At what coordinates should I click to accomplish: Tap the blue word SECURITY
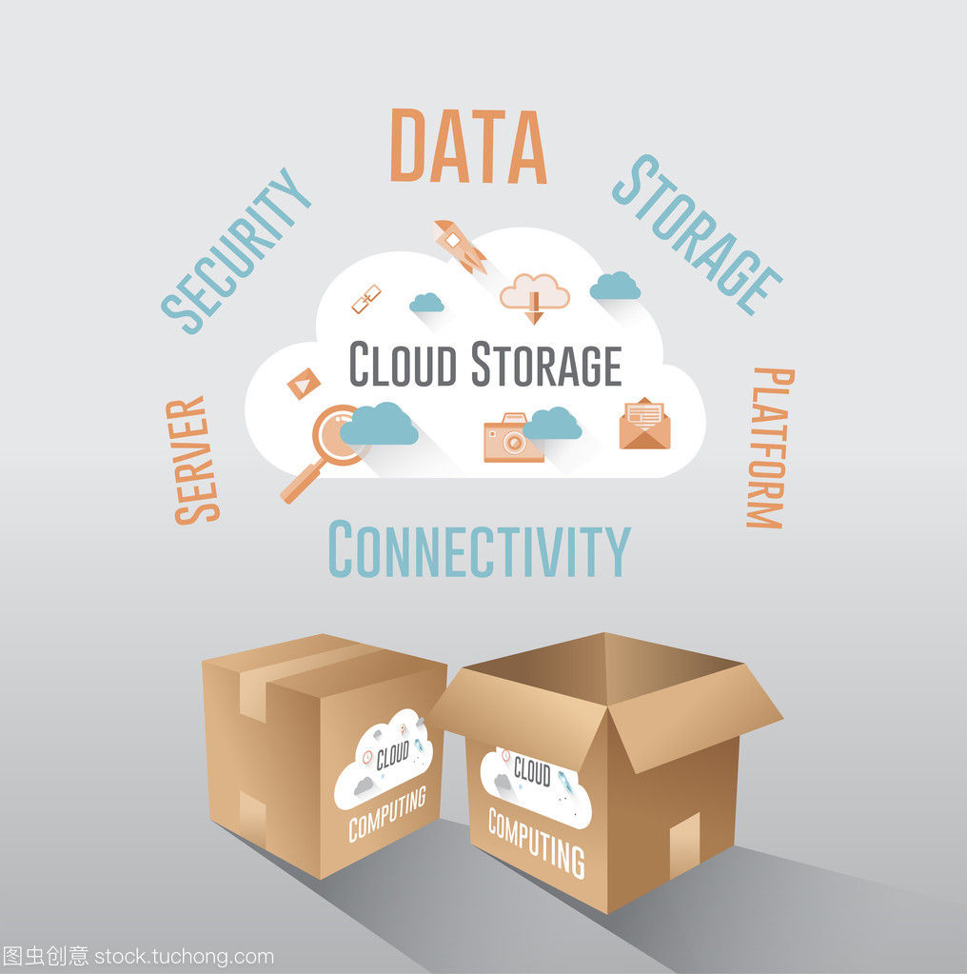235,251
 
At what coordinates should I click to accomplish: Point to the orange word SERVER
194,461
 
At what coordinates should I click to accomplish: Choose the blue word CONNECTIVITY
479,550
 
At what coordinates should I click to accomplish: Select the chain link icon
366,299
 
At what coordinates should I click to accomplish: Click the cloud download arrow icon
535,296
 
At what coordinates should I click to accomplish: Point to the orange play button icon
304,383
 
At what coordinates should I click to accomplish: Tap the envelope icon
644,425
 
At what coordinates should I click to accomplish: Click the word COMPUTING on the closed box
386,815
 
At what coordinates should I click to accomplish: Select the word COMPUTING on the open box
536,841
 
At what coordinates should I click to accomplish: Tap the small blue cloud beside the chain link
426,303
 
